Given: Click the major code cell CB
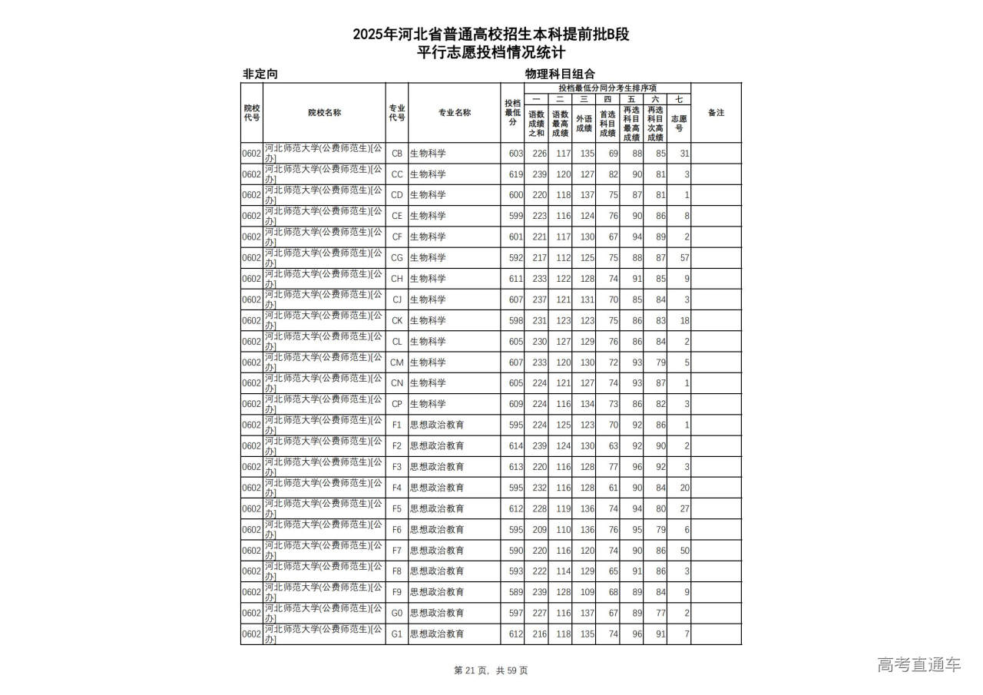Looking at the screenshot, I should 396,154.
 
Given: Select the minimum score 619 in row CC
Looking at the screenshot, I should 515,174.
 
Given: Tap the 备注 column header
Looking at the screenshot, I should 716,113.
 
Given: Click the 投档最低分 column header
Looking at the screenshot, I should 512,113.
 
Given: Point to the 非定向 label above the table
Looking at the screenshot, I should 260,74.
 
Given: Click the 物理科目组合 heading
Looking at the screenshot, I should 560,74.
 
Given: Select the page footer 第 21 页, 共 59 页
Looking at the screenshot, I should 491,670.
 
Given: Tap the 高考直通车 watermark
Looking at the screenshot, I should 918,665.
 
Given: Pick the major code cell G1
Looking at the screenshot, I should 396,634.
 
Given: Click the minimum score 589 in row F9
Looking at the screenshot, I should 515,592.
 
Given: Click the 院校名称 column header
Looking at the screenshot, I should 324,113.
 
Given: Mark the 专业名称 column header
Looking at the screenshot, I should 455,113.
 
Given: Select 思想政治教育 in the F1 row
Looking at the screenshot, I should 437,425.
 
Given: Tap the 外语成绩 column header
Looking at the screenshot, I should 584,123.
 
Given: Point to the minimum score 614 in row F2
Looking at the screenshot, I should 515,446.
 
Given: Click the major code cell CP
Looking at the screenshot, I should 396,404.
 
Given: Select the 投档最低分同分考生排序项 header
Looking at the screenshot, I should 607,88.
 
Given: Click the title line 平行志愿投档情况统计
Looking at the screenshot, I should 491,53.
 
